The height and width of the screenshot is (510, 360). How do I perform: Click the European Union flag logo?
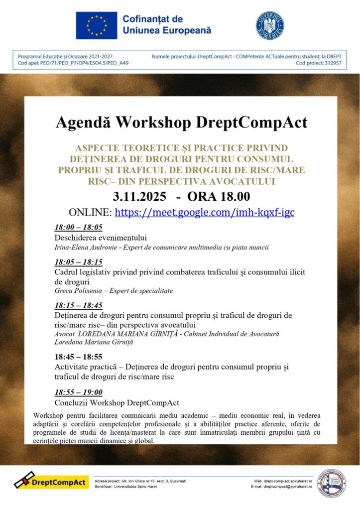coord(96,25)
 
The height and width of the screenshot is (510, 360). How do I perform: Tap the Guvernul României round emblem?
coord(270,25)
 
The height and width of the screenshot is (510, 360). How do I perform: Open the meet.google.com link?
coord(205,212)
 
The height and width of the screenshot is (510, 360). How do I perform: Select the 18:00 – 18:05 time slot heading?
coord(78,228)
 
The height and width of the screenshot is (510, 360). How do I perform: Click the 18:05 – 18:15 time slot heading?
coord(78,262)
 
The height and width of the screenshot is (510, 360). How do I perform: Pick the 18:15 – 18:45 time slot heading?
coord(78,305)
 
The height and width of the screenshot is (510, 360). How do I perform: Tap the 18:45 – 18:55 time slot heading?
coord(78,357)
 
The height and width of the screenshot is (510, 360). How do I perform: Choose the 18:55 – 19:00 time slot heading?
coord(78,392)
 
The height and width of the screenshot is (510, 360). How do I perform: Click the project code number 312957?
coord(332,64)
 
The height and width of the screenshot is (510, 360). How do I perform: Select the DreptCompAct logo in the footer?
coord(51,482)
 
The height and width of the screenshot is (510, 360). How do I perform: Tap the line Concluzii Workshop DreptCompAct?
coord(117,402)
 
